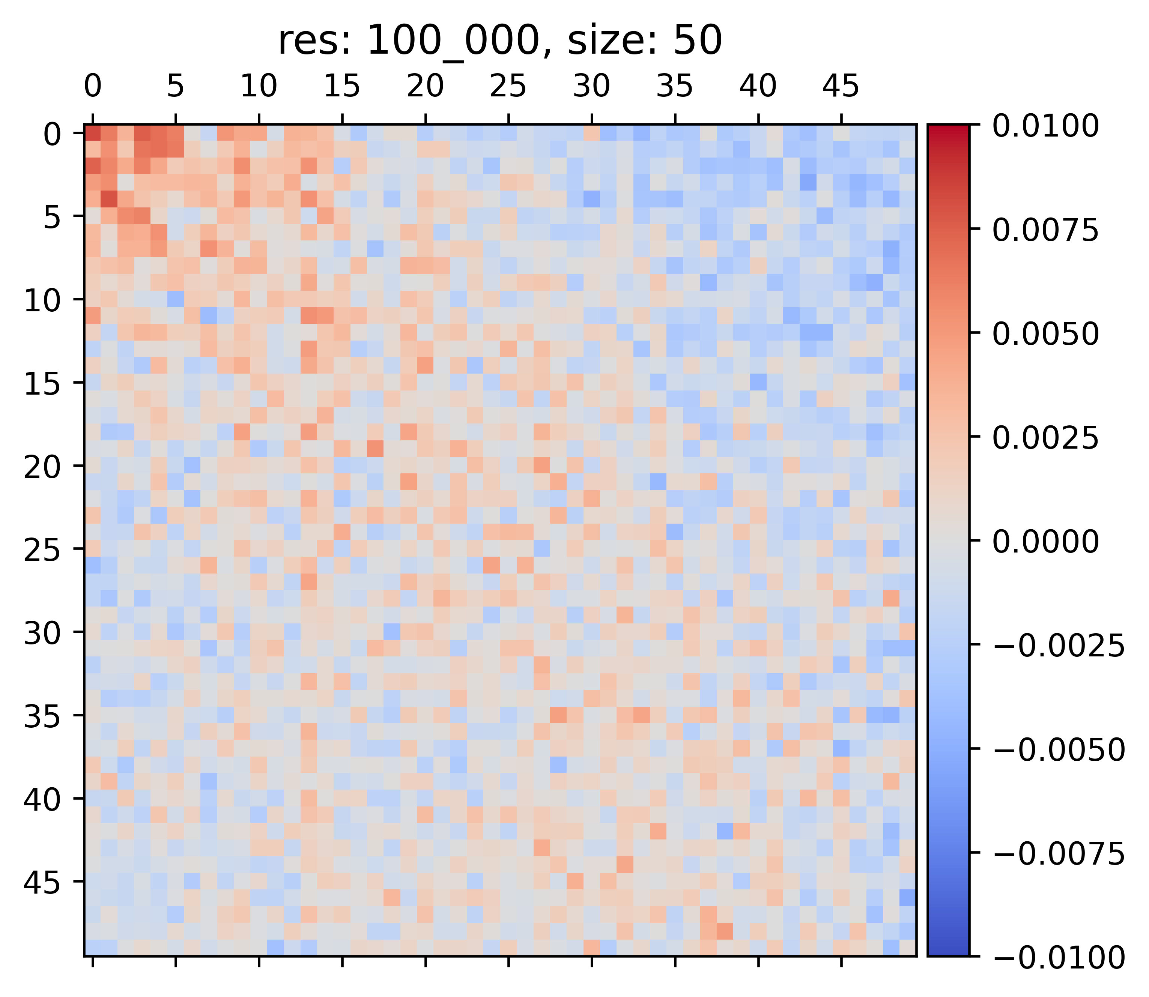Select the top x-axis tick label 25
(x=508, y=87)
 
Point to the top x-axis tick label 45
(x=841, y=87)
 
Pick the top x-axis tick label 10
(x=259, y=87)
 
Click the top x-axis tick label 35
(x=675, y=87)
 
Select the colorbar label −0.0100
(x=1058, y=957)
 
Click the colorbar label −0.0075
(x=1058, y=853)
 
